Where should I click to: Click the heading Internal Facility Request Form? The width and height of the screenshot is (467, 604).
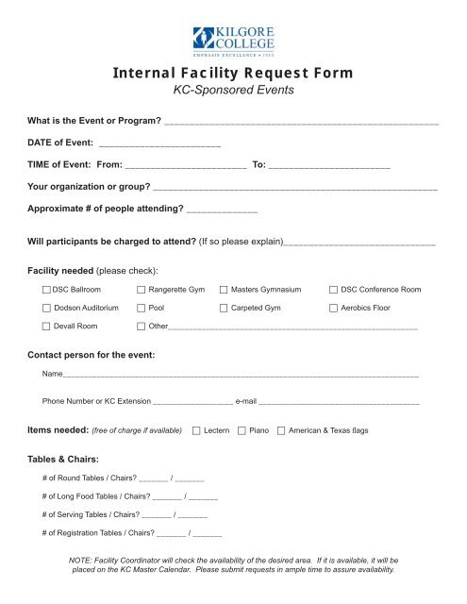[233, 74]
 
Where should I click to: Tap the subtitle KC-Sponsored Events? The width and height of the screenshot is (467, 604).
[233, 92]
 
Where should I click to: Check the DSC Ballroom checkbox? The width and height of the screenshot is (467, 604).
[47, 289]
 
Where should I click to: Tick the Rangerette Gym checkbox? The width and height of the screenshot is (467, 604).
[142, 289]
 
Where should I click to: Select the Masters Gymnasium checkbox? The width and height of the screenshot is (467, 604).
[224, 289]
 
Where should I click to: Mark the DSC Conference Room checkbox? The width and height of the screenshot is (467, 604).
[333, 289]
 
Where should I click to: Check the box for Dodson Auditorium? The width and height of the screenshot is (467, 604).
[47, 308]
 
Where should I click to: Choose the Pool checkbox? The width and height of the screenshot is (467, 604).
[142, 308]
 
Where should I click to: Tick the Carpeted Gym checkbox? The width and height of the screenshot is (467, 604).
[224, 308]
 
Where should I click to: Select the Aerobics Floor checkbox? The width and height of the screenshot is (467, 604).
[333, 308]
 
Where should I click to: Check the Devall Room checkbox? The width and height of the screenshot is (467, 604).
[47, 327]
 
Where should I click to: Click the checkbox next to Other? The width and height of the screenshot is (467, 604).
[142, 327]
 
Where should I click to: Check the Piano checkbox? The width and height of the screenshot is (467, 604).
[241, 430]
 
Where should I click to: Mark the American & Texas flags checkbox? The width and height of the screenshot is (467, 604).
[282, 430]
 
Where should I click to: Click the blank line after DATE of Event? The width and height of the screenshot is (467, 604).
[159, 146]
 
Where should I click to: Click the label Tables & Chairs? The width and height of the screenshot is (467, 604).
[65, 460]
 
